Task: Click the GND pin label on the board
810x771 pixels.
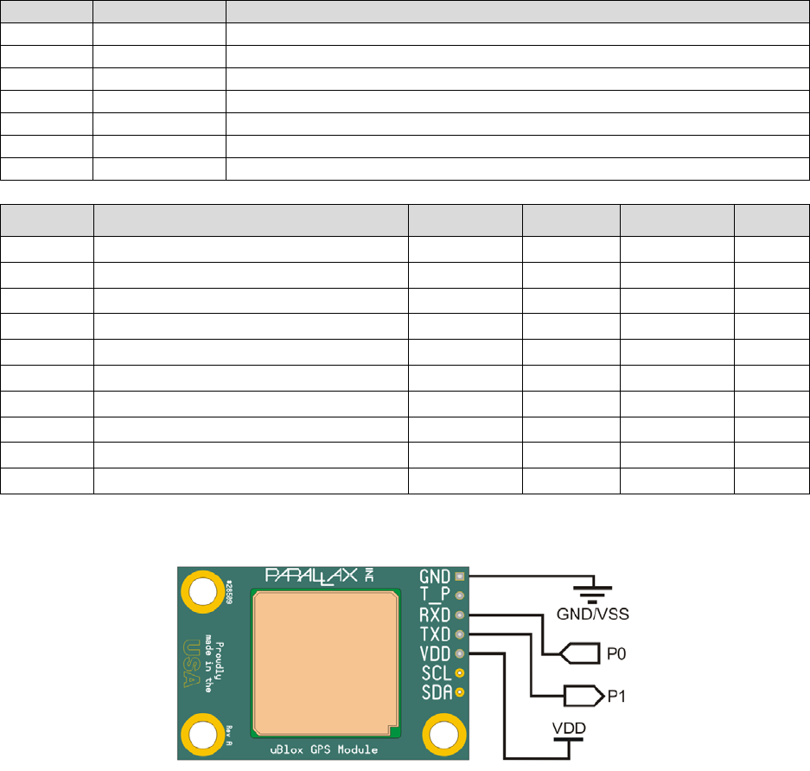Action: pos(435,576)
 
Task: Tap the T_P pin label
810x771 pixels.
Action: pos(435,595)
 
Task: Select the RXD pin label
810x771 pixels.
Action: pos(435,615)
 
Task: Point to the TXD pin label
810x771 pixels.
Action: pos(435,634)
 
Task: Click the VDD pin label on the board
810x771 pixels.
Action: pos(435,653)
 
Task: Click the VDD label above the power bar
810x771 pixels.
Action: pos(567,730)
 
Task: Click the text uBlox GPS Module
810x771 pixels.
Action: pos(323,749)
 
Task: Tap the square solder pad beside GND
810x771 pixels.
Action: pos(460,576)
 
